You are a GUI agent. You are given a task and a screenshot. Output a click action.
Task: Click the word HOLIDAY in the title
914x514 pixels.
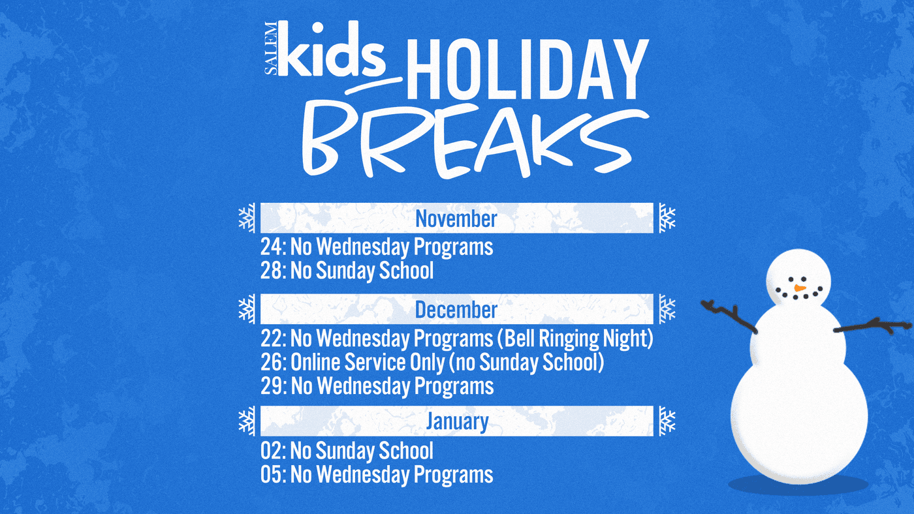pos(528,69)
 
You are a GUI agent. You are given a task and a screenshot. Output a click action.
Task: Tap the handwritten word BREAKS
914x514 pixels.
pos(475,141)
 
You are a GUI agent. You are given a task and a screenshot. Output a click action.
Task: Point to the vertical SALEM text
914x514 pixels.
pos(270,48)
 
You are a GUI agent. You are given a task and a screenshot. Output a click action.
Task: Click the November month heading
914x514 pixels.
pos(456,219)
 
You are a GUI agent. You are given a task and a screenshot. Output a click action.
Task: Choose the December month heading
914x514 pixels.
pos(456,310)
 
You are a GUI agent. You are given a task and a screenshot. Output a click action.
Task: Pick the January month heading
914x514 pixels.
pos(457,421)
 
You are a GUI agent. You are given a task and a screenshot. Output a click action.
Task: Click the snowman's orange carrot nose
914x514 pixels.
pos(800,288)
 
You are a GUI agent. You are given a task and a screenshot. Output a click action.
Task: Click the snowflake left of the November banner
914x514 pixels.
pos(247,218)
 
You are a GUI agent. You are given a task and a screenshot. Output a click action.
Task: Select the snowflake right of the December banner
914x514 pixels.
pos(667,309)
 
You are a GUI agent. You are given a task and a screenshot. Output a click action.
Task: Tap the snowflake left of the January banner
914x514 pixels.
pos(247,421)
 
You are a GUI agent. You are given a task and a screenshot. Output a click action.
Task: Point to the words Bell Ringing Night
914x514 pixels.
pos(578,339)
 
